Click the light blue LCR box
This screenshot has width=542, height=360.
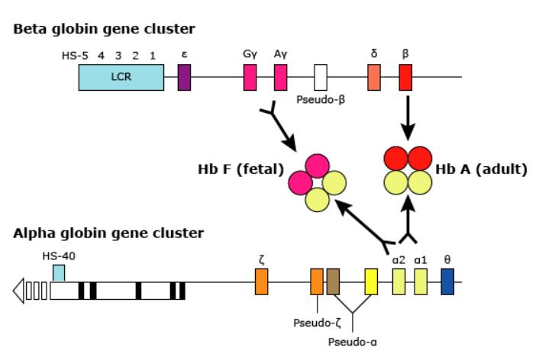pyautogui.click(x=121, y=78)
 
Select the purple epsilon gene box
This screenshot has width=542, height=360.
pyautogui.click(x=184, y=78)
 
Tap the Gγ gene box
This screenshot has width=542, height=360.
pyautogui.click(x=250, y=78)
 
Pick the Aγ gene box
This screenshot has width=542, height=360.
pyautogui.click(x=280, y=78)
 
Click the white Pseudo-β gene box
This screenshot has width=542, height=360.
pyautogui.click(x=321, y=78)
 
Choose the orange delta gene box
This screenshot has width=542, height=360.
pyautogui.click(x=374, y=78)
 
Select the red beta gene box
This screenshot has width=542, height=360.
pyautogui.click(x=405, y=78)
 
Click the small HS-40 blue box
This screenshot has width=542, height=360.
pyautogui.click(x=59, y=272)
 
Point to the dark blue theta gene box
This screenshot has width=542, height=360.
pyautogui.click(x=447, y=281)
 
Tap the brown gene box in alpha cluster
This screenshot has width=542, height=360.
pyautogui.click(x=333, y=281)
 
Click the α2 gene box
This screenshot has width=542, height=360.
pyautogui.click(x=398, y=281)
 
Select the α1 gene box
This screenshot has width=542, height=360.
pyautogui.click(x=421, y=281)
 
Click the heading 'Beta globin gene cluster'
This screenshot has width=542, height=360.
pyautogui.click(x=104, y=30)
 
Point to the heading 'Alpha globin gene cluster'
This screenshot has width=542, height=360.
pyautogui.click(x=108, y=232)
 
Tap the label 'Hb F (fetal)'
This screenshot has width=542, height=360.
pyautogui.click(x=241, y=169)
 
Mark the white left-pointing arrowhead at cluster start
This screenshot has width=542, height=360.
pyautogui.click(x=18, y=291)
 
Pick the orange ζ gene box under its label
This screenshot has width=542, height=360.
pyautogui.click(x=262, y=281)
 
